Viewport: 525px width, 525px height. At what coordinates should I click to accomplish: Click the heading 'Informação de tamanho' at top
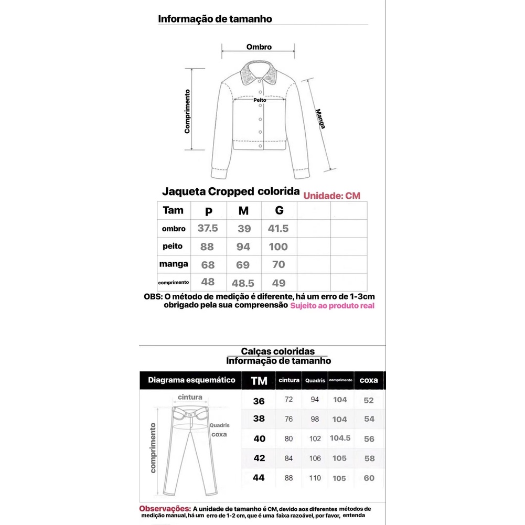(x=215, y=19)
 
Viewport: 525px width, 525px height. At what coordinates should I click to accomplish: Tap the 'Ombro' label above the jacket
(x=259, y=47)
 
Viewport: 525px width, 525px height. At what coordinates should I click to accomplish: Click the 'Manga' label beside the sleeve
(x=320, y=119)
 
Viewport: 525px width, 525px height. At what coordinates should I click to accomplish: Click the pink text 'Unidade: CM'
(x=332, y=196)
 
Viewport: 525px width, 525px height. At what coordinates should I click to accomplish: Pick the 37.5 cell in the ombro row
(x=208, y=229)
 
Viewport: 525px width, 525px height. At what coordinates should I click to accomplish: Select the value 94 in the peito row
(x=243, y=247)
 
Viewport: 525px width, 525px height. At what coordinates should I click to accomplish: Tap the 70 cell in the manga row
(x=279, y=264)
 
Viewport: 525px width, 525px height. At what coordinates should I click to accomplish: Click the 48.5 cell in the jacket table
(x=243, y=283)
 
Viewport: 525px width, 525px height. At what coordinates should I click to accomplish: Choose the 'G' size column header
(x=279, y=210)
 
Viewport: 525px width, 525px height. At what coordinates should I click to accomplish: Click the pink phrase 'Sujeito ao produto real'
(x=333, y=306)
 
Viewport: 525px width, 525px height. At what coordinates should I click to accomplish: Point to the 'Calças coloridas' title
(x=278, y=351)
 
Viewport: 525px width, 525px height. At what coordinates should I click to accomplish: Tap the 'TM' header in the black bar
(x=259, y=381)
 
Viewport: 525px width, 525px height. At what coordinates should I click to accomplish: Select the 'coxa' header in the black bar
(x=369, y=380)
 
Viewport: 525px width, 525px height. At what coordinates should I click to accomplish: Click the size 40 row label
(x=259, y=438)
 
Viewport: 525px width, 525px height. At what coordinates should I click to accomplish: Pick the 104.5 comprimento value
(x=340, y=438)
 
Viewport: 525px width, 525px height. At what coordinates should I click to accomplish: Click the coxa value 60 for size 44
(x=369, y=478)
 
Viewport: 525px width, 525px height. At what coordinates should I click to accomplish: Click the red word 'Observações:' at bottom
(x=164, y=509)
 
